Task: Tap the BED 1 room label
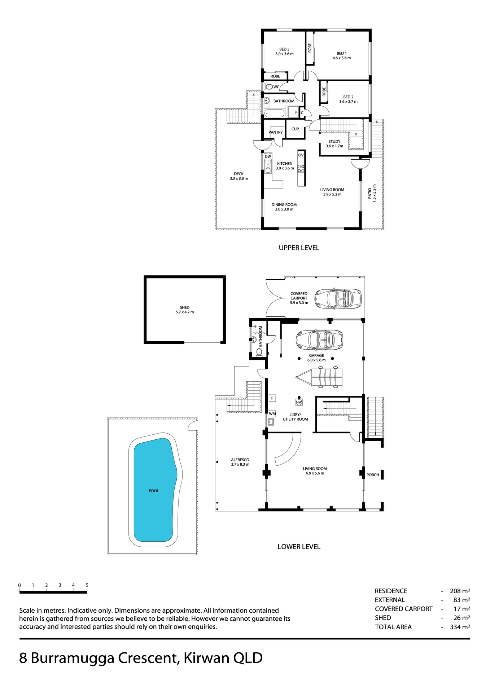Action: click(x=341, y=53)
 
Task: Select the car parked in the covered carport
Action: click(x=338, y=298)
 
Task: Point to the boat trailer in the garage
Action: click(x=319, y=377)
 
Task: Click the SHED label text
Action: click(x=185, y=307)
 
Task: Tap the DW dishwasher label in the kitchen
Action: click(x=268, y=156)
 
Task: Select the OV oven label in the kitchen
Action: click(x=301, y=155)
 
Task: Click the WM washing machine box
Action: click(x=272, y=414)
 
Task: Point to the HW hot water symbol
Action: click(x=299, y=402)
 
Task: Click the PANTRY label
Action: click(x=276, y=132)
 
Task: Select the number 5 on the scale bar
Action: click(x=87, y=585)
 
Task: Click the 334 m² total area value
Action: click(x=460, y=627)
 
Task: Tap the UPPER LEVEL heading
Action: click(x=299, y=248)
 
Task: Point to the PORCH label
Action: click(x=373, y=475)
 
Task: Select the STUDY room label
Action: click(x=334, y=142)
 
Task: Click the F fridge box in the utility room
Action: click(x=273, y=398)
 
